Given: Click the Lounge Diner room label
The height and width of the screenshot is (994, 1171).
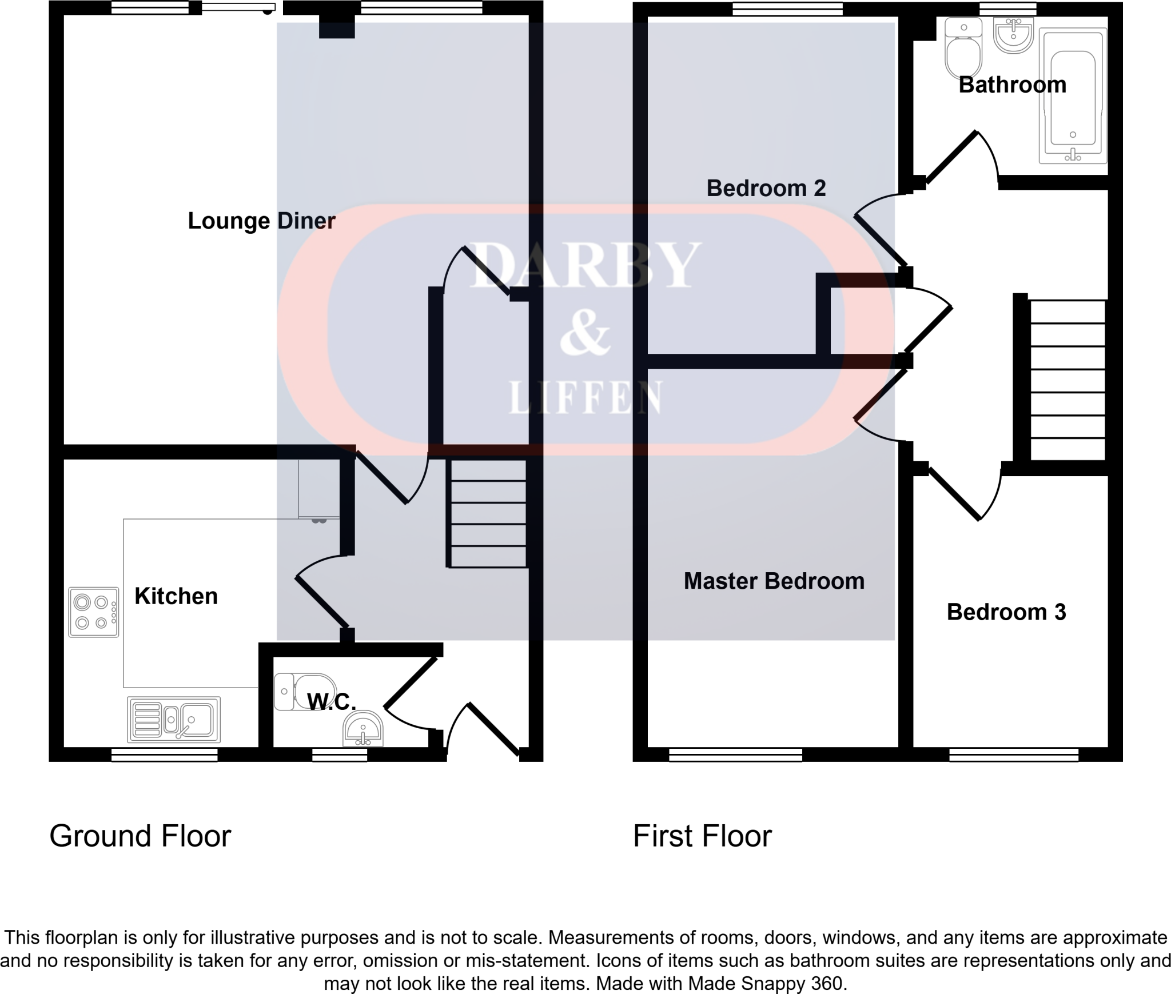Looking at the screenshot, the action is [x=261, y=221].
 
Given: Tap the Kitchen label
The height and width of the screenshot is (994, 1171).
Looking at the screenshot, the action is [x=176, y=596].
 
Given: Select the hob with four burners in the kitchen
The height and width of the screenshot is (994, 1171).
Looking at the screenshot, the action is [x=94, y=612].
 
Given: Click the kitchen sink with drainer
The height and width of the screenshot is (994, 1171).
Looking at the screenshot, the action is [x=174, y=719].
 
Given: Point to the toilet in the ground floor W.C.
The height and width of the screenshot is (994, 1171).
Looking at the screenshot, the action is [x=305, y=692].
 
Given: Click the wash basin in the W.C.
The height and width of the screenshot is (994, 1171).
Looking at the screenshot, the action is [x=363, y=729].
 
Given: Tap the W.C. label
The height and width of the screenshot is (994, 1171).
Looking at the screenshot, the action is [x=332, y=702].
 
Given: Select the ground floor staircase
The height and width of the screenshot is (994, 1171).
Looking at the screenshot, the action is [x=488, y=514].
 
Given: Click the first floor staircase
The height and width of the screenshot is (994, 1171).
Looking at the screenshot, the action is [x=1067, y=380].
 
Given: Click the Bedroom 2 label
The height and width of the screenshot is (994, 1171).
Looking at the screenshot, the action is [x=766, y=188].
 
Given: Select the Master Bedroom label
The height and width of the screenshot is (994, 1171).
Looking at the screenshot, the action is [x=774, y=581].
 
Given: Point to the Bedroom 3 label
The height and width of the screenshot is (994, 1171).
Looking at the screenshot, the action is [x=1006, y=612].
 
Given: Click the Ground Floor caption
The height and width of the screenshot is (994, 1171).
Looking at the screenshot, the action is [x=140, y=836].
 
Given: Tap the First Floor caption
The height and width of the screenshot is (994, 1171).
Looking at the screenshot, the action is [x=702, y=836].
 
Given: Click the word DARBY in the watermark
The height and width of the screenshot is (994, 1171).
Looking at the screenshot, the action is [x=585, y=266].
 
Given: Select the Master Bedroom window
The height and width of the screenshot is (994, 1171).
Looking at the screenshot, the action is [x=735, y=755].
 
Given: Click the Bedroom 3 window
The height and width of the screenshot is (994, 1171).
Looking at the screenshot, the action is [x=1014, y=755].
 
